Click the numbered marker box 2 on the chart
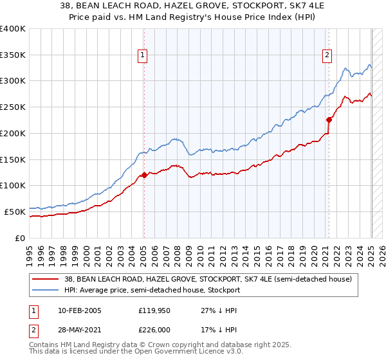(x=327, y=56)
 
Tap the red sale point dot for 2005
(x=144, y=175)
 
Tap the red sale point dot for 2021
(x=329, y=119)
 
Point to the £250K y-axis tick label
(x=13, y=107)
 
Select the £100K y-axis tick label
(x=13, y=186)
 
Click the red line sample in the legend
(x=44, y=279)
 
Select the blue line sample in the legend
(x=44, y=290)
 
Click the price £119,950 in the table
(x=156, y=310)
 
